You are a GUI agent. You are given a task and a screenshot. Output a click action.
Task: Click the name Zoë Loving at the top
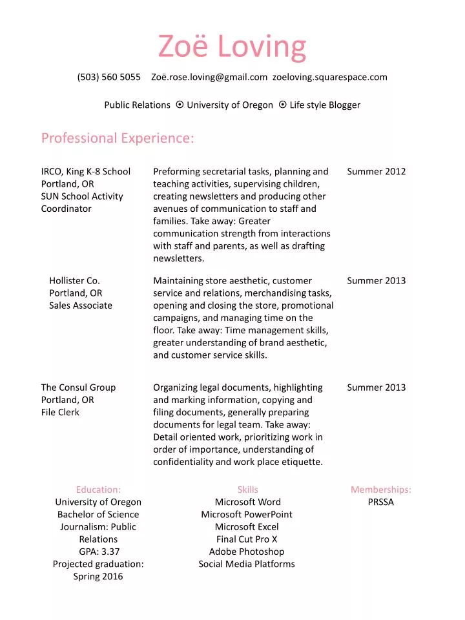click(232, 46)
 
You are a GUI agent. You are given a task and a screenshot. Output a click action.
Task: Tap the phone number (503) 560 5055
click(109, 77)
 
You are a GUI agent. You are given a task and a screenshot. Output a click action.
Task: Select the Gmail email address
click(209, 77)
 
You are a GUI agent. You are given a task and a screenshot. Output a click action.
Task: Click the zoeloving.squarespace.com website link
click(330, 77)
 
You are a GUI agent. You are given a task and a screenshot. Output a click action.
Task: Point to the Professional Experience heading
click(118, 138)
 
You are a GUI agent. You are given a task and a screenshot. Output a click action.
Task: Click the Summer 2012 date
click(377, 171)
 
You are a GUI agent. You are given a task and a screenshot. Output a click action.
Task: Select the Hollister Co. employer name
click(74, 280)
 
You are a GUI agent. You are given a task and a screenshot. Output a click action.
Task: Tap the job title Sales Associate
click(81, 305)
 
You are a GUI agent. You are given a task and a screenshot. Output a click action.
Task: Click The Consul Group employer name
click(78, 387)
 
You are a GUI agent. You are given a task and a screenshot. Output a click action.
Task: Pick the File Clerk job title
click(60, 412)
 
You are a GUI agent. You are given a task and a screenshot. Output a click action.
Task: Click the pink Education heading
click(98, 490)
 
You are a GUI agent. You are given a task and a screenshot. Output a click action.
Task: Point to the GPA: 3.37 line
click(98, 552)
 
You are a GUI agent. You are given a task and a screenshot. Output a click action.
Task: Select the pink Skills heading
click(247, 490)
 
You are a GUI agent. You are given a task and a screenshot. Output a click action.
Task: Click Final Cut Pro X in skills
click(247, 539)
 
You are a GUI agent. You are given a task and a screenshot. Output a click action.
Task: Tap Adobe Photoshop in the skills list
click(247, 552)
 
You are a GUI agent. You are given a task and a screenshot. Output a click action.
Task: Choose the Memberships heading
click(381, 490)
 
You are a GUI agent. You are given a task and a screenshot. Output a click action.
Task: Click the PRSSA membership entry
click(381, 502)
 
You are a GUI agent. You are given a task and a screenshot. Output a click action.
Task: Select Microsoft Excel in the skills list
click(247, 527)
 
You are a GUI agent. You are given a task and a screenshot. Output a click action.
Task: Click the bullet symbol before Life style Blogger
click(283, 105)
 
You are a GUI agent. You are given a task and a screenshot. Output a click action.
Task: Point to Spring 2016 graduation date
click(98, 576)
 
